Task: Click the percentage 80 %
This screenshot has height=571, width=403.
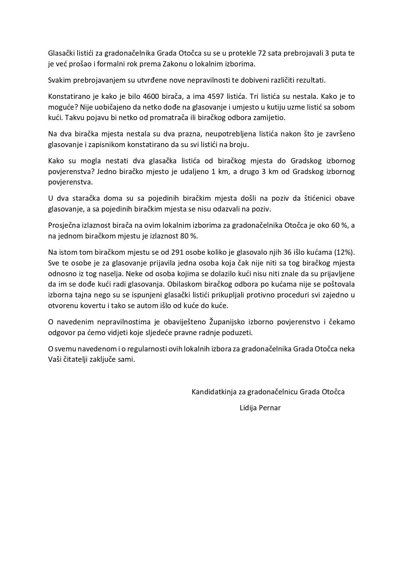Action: (x=189, y=236)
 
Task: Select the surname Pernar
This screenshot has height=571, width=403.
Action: (x=270, y=407)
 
